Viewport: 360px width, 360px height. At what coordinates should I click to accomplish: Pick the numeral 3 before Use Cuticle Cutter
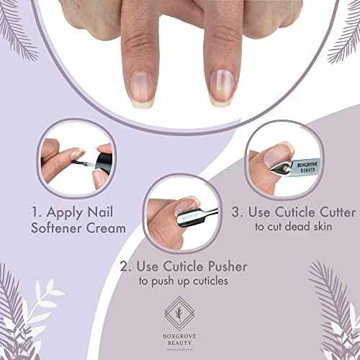coord(235,212)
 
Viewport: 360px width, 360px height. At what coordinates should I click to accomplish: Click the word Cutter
coord(332,212)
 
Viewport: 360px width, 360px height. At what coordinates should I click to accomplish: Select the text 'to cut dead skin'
coord(294,228)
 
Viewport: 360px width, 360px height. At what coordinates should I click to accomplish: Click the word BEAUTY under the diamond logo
coord(179,336)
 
